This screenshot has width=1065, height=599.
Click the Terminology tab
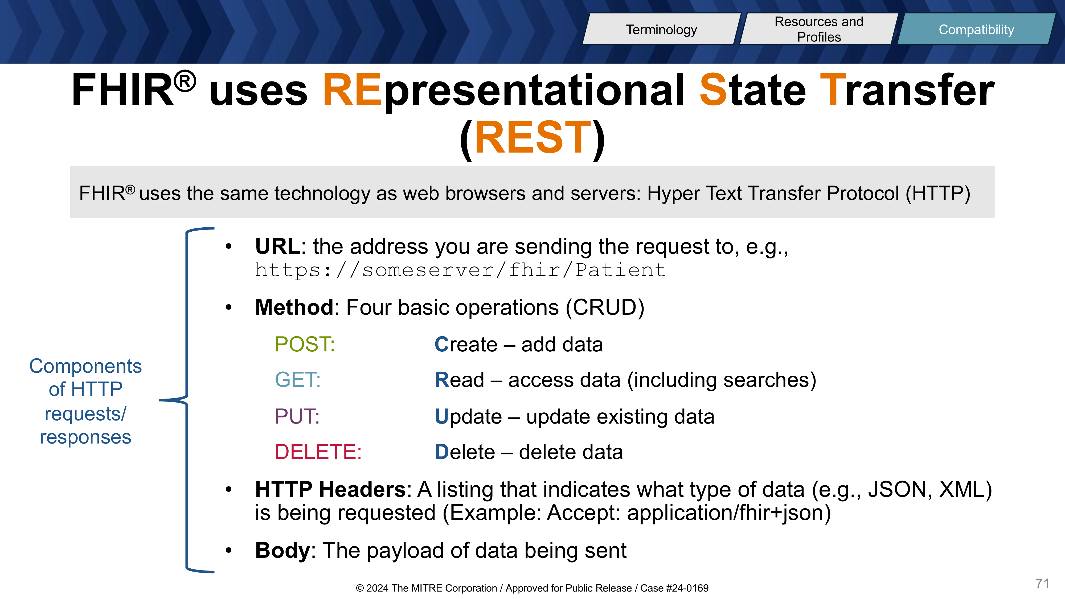(661, 29)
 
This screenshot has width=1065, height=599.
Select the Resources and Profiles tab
(819, 29)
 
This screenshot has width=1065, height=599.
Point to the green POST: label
(305, 344)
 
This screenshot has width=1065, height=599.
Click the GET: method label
(298, 379)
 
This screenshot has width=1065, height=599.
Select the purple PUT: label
(297, 416)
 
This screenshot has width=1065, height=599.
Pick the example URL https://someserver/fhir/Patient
(460, 270)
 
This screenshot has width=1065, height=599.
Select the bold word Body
(282, 550)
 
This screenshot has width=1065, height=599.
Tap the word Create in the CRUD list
(466, 344)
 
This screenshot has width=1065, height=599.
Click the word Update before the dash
(468, 417)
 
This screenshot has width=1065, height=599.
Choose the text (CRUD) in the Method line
(605, 307)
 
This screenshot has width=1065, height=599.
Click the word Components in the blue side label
(85, 367)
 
